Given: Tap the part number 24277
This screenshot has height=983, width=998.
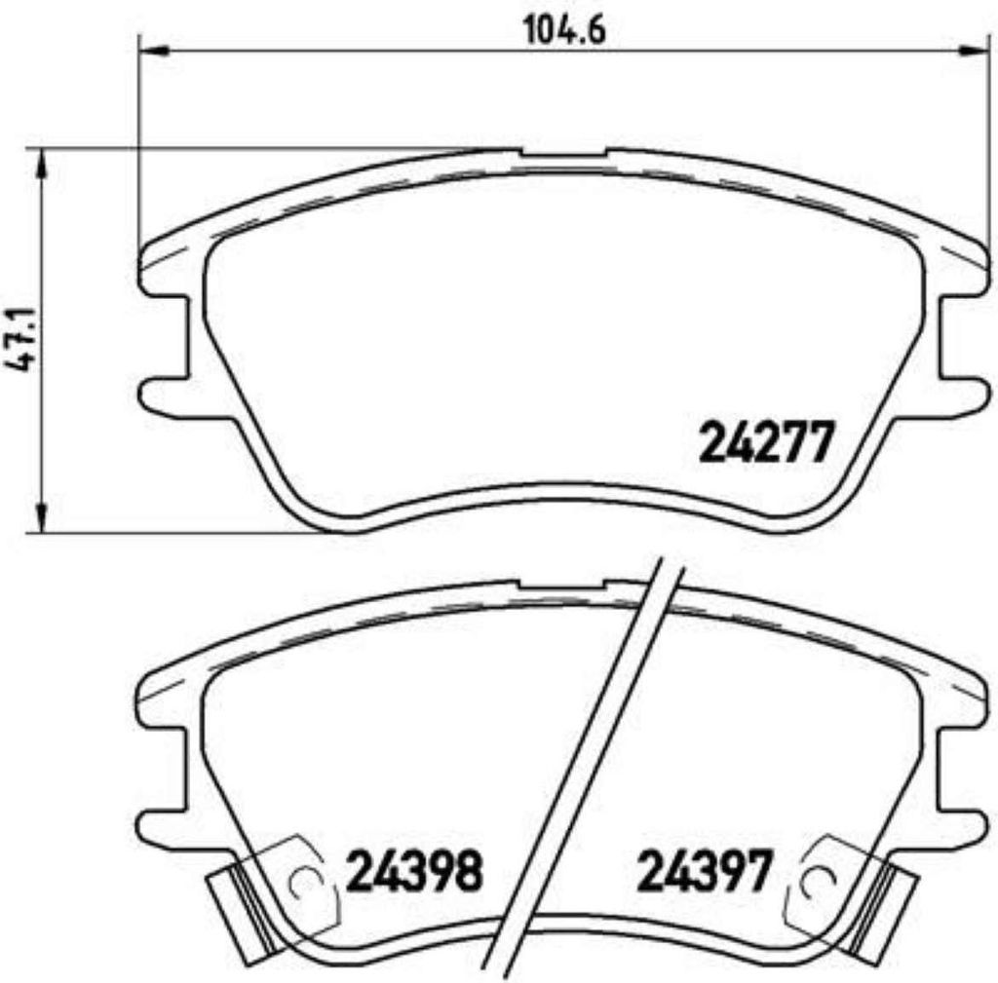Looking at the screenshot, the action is click(766, 443).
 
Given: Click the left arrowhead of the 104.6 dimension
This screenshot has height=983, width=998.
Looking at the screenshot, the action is click(153, 50).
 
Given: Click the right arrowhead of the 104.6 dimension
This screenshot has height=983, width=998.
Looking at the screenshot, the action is click(975, 50).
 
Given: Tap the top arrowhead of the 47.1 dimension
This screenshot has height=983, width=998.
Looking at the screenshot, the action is click(42, 164).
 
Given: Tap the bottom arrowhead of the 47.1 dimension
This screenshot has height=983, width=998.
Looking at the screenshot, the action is click(42, 516).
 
